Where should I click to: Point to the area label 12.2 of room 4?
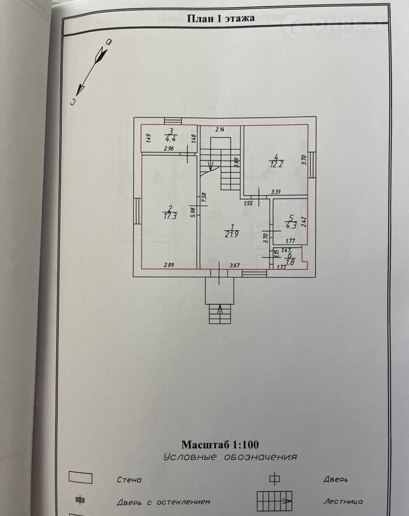[x=277, y=164]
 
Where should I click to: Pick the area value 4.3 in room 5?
[x=290, y=225]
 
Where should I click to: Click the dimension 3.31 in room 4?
[x=276, y=192]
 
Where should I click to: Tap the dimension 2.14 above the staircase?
[x=219, y=130]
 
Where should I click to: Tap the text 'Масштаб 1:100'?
[x=219, y=445]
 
